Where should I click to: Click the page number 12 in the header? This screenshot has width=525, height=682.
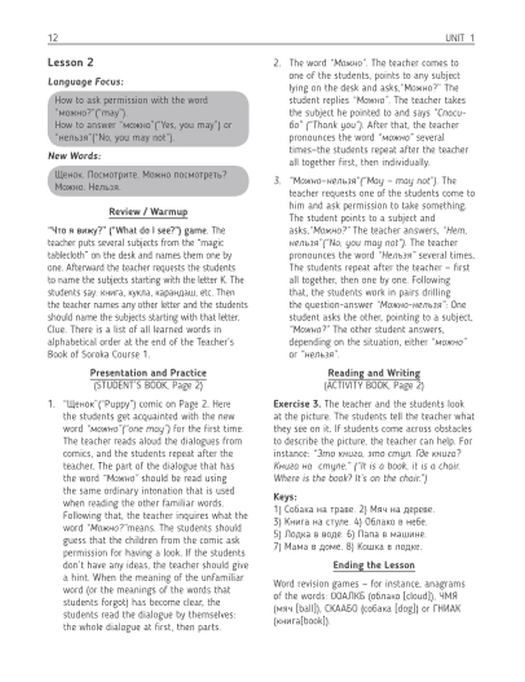pyautogui.click(x=53, y=38)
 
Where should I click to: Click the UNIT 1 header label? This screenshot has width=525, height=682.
pyautogui.click(x=459, y=38)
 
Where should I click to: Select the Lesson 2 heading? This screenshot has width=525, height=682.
pyautogui.click(x=70, y=62)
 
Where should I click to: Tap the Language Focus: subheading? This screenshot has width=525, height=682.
pyautogui.click(x=86, y=82)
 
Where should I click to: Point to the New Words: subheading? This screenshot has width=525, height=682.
pyautogui.click(x=75, y=156)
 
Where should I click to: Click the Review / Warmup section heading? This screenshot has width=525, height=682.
pyautogui.click(x=148, y=212)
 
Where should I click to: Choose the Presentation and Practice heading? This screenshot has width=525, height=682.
pyautogui.click(x=148, y=373)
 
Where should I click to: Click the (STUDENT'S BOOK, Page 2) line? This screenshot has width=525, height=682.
pyautogui.click(x=148, y=386)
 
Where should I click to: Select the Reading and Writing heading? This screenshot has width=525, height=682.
pyautogui.click(x=374, y=373)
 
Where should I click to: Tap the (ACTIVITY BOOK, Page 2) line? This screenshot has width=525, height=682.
pyautogui.click(x=374, y=386)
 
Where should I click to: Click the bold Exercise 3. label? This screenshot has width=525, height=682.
pyautogui.click(x=297, y=404)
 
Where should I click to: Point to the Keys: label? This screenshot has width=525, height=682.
pyautogui.click(x=285, y=496)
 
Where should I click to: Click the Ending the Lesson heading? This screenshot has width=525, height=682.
pyautogui.click(x=374, y=565)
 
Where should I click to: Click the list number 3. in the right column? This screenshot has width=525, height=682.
pyautogui.click(x=277, y=181)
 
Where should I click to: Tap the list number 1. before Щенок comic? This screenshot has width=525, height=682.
pyautogui.click(x=51, y=404)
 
